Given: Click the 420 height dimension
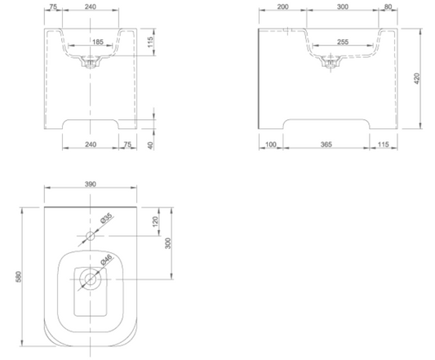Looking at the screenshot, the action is [x=417, y=78].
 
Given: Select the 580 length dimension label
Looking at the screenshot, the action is [x=19, y=277].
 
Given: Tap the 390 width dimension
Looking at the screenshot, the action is [x=91, y=184].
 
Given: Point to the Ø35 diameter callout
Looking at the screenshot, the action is [x=106, y=218].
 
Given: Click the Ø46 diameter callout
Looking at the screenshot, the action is [x=106, y=260].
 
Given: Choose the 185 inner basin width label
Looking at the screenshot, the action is [x=98, y=42].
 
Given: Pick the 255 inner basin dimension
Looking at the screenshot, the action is [x=343, y=42].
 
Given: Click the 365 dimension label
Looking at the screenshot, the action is [x=326, y=144].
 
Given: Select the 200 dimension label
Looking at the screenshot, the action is [x=282, y=7].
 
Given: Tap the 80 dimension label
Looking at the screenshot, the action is [x=388, y=7].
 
